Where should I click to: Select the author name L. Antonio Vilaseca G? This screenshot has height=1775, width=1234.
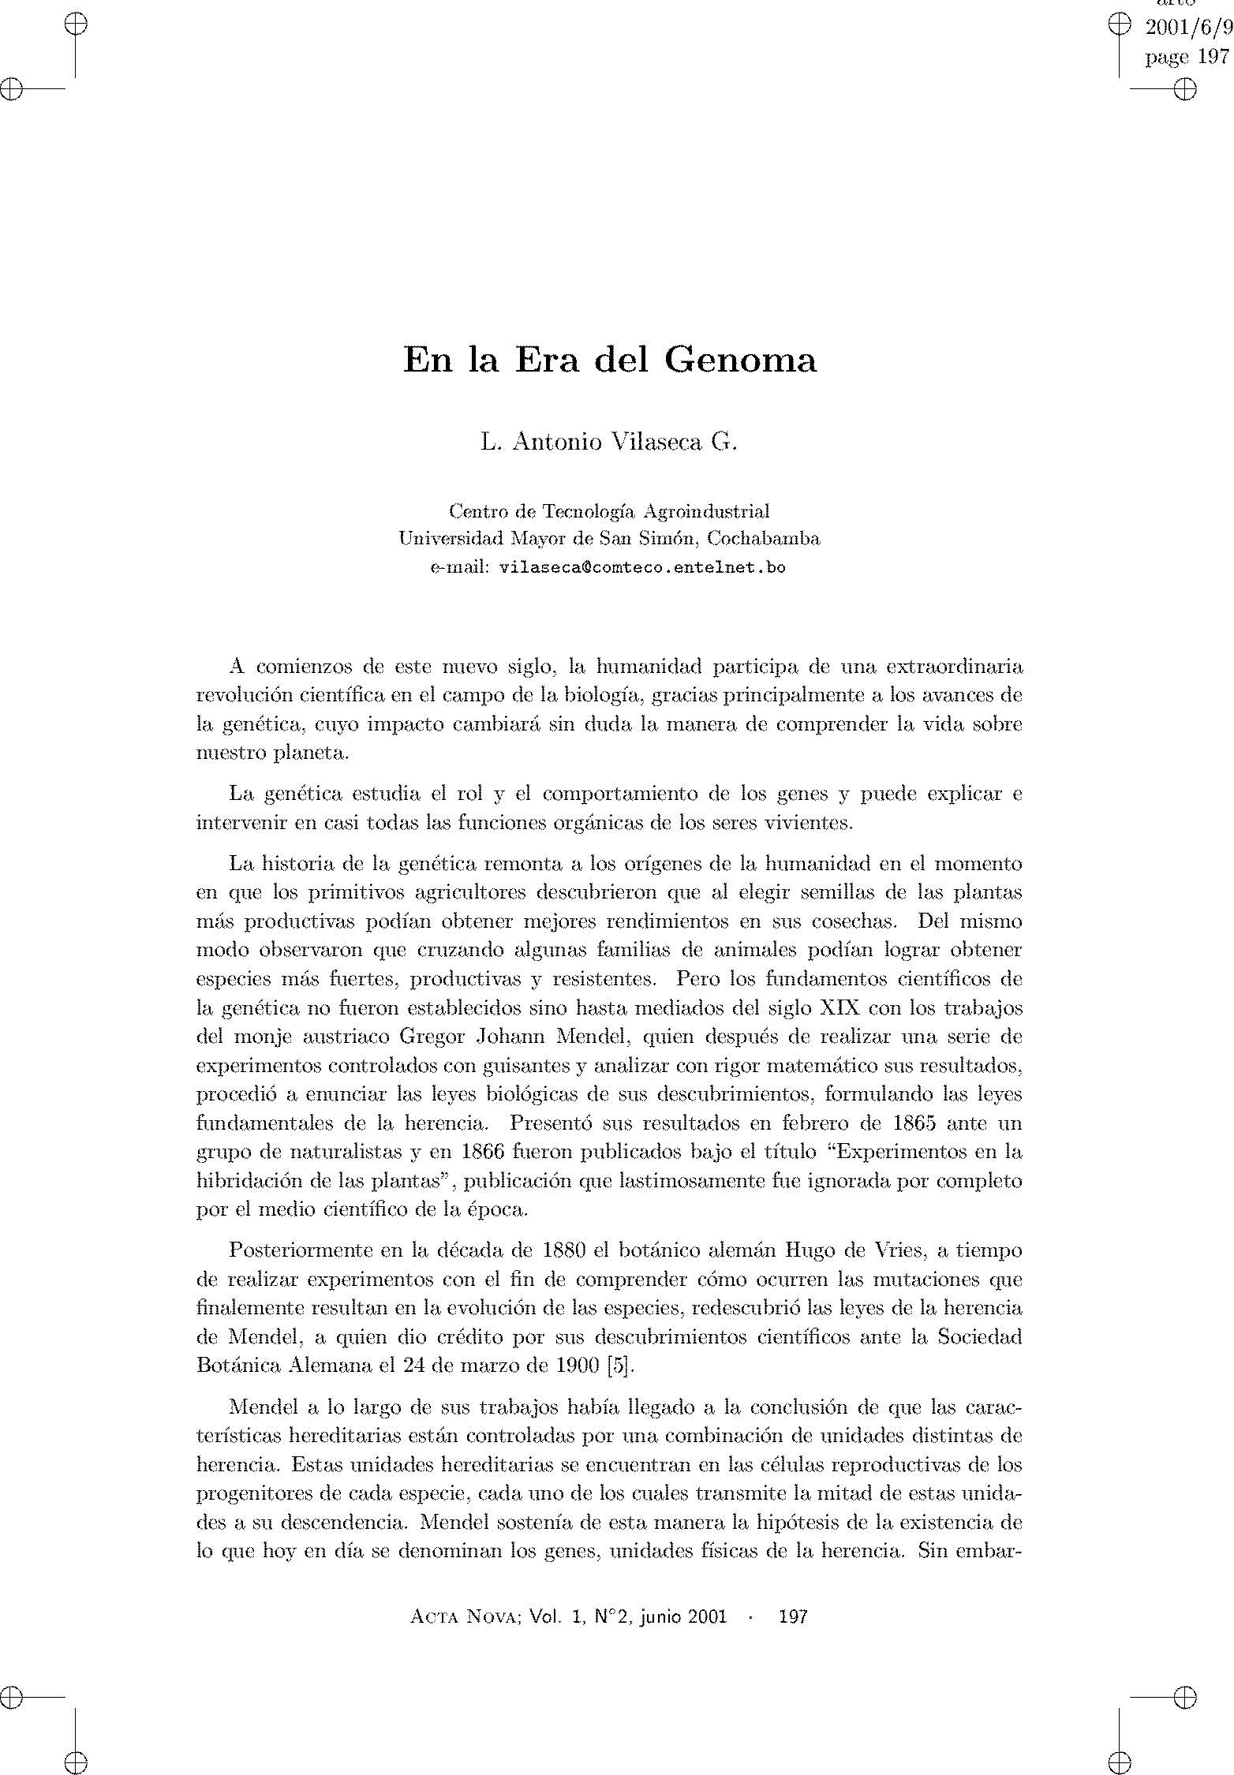click(608, 443)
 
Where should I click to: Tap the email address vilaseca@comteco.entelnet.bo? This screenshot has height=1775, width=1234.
click(643, 567)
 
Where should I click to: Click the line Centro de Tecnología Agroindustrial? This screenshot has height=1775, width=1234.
click(608, 511)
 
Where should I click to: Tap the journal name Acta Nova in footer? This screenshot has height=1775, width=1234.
click(463, 1616)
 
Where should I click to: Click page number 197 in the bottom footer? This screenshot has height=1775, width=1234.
click(792, 1616)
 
